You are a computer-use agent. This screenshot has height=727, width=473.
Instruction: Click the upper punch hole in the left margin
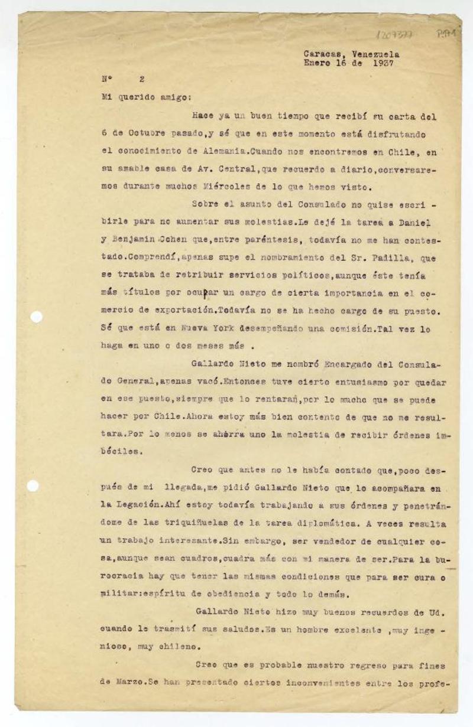pyautogui.click(x=36, y=317)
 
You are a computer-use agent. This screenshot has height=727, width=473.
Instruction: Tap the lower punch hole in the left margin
pyautogui.click(x=33, y=485)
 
